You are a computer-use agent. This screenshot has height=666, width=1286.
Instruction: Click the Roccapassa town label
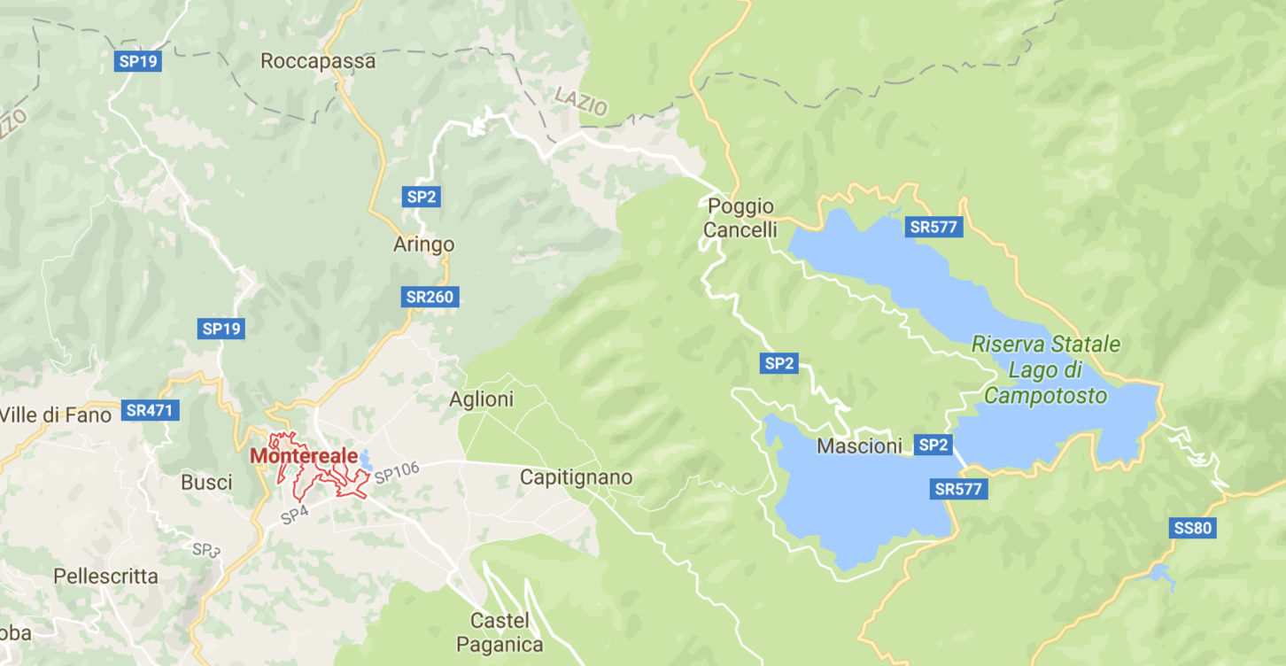[x=318, y=61]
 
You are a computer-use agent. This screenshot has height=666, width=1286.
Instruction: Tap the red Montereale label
[x=304, y=456]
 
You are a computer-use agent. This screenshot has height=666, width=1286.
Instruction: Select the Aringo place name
[x=423, y=244]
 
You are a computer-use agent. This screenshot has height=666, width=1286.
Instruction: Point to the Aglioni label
[x=481, y=399]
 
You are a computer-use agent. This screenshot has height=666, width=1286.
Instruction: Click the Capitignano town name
[x=576, y=477]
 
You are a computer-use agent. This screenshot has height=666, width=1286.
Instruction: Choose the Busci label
[x=206, y=483]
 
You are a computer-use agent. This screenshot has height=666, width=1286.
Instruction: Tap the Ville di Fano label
[x=57, y=414]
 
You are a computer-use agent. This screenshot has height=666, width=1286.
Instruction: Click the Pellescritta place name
[x=105, y=577]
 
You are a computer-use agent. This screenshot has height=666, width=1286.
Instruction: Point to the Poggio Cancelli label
[x=741, y=218]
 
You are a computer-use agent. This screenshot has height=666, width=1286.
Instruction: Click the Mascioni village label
[x=859, y=446]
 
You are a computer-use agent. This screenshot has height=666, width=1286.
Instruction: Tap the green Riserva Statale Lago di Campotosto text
[x=1046, y=369]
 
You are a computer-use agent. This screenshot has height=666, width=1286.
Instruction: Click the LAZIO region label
[x=581, y=101]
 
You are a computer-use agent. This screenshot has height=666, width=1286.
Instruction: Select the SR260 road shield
[x=430, y=297]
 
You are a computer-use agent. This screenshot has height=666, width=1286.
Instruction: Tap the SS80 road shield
[x=1191, y=529]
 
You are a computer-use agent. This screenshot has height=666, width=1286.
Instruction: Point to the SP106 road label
[x=396, y=473]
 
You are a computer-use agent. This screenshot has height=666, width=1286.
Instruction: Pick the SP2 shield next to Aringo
[x=422, y=197]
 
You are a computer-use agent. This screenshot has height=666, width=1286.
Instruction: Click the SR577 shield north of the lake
[x=934, y=227]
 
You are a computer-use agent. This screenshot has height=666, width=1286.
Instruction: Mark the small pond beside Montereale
[x=365, y=459]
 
